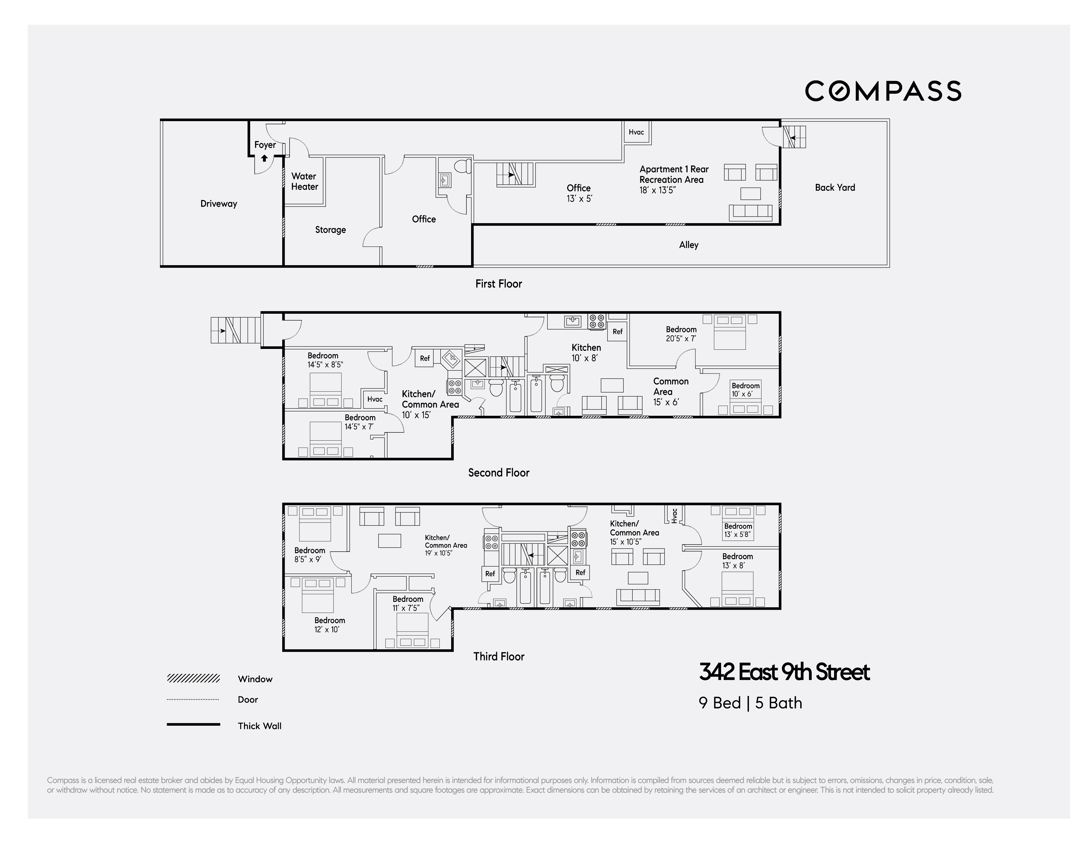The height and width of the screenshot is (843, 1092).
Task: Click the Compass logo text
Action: [883, 91]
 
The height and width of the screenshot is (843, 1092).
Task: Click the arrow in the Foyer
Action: [264, 159]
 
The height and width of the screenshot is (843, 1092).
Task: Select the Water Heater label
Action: [305, 181]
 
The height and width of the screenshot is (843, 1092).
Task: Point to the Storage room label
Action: [330, 230]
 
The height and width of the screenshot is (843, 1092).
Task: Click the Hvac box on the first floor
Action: [636, 132]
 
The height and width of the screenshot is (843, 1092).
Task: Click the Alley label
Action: [689, 245]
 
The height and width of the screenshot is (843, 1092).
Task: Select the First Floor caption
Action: [498, 284]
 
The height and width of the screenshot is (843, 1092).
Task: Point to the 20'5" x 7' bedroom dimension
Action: [681, 338]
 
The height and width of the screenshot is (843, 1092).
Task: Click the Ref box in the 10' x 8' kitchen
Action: [617, 331]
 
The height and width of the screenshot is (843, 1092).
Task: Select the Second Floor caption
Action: [498, 473]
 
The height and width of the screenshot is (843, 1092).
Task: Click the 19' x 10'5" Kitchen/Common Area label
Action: [445, 545]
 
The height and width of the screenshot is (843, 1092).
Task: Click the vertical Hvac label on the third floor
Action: [674, 516]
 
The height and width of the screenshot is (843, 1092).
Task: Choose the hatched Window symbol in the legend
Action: [193, 678]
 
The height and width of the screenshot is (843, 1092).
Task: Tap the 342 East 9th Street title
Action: [784, 672]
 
